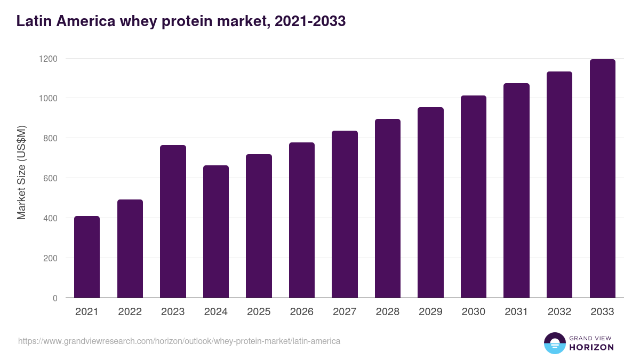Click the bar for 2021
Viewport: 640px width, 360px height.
87,257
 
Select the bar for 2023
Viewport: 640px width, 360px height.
173,221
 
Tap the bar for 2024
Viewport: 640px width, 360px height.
216,231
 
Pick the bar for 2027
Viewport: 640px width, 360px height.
345,214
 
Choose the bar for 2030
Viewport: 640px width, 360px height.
474,197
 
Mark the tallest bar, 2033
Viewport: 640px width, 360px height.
602,179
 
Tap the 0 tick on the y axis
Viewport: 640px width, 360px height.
55,298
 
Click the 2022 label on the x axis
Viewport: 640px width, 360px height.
130,312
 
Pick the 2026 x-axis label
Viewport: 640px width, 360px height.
302,312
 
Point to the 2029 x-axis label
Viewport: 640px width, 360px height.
430,312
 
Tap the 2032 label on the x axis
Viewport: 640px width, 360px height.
559,312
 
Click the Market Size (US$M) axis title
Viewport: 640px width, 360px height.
21,172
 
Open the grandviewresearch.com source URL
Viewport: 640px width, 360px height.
179,341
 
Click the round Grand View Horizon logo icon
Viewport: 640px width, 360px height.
554,343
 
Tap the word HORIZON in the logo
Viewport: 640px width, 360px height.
591,347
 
